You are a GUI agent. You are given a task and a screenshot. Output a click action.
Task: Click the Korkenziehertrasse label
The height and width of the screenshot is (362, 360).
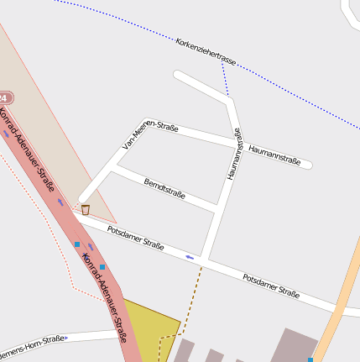click(206, 50)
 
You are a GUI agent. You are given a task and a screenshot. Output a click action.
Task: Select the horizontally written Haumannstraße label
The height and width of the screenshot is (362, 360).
click(274, 155)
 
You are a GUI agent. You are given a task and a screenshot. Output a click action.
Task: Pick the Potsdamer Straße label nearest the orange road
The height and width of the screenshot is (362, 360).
click(270, 286)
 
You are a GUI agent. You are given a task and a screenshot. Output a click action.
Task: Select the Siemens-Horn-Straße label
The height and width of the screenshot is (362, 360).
click(34, 344)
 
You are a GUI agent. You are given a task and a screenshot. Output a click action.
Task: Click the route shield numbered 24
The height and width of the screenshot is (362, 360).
click(4, 98)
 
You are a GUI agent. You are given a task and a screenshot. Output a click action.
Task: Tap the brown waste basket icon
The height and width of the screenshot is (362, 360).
click(85, 209)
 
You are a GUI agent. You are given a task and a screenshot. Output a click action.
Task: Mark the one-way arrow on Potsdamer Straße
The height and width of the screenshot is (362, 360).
click(190, 256)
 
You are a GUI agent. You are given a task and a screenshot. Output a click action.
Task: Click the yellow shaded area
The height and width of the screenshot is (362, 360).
click(151, 328)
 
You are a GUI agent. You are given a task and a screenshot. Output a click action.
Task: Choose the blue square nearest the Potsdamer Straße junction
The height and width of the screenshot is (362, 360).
click(77, 244)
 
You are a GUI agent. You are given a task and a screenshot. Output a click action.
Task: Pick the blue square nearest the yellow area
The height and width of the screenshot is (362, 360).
click(102, 267)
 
